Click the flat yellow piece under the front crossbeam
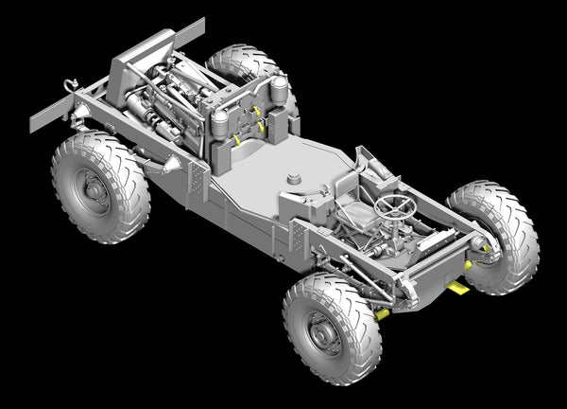pos(456,287)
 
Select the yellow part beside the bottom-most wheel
pos(382,313)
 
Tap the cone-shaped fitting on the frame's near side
pos(171,167)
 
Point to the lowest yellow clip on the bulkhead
pos(236,141)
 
